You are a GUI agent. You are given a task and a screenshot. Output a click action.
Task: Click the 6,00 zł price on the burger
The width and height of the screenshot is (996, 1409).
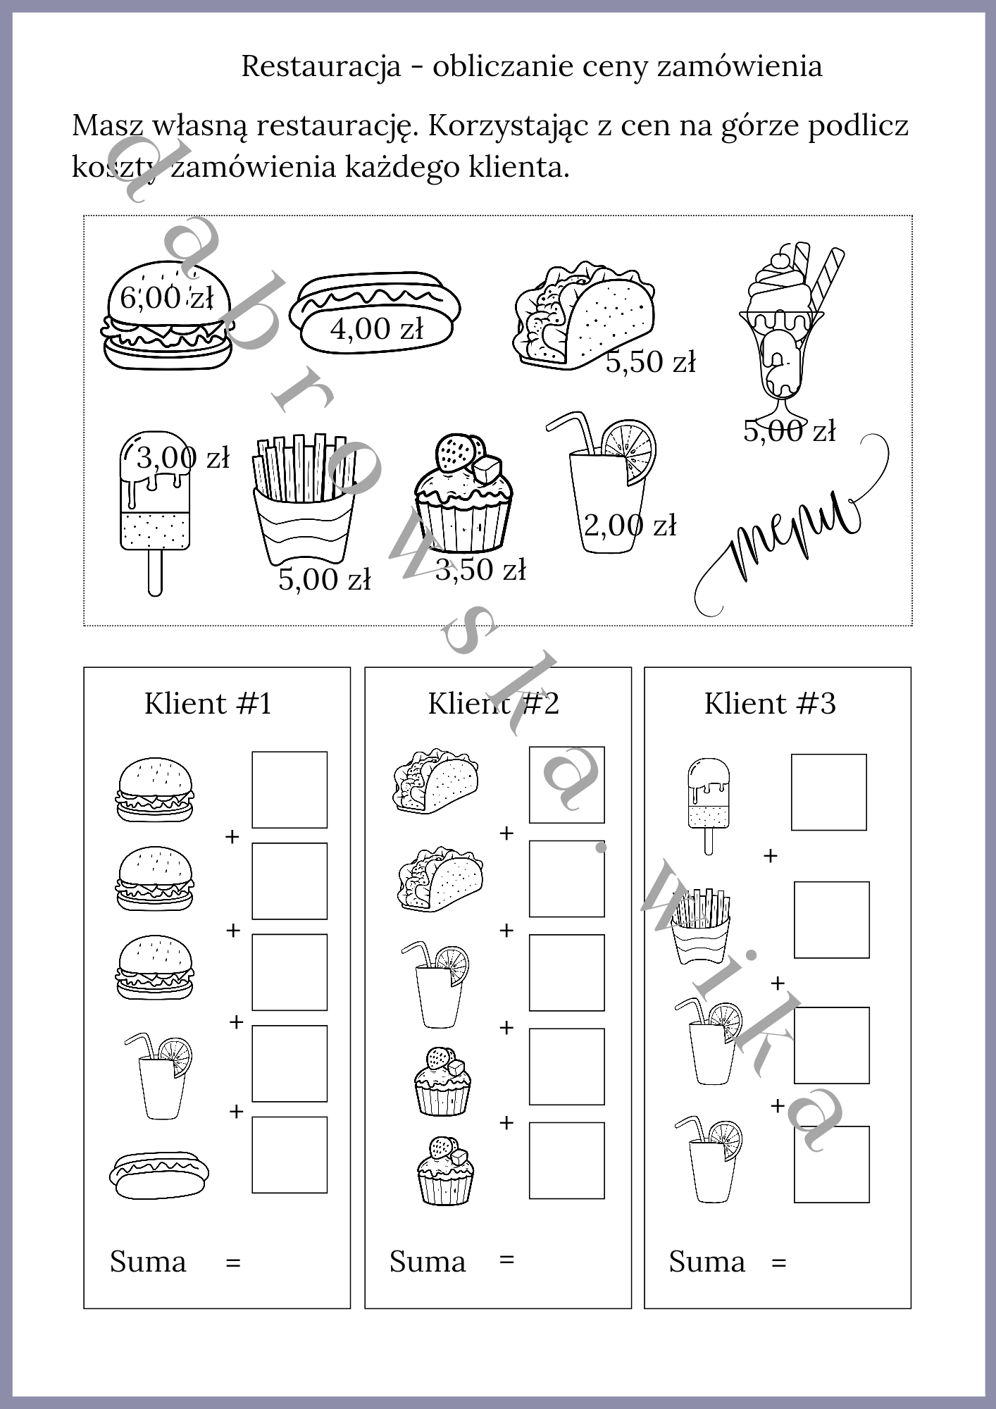pos(166,297)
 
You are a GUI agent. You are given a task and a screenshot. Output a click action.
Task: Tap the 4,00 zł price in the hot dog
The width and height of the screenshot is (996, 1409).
pos(377,328)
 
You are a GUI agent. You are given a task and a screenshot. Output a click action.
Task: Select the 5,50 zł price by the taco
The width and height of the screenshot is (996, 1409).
pos(650,362)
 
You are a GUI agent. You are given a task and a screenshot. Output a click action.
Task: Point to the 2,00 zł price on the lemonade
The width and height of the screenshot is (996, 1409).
pos(630,526)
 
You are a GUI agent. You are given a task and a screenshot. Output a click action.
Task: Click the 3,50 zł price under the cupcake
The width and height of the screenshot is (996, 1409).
pos(480,570)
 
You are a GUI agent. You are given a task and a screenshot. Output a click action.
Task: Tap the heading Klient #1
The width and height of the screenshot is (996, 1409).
pos(208,703)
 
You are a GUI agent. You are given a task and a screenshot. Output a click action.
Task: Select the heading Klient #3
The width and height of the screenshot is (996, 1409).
pos(770,703)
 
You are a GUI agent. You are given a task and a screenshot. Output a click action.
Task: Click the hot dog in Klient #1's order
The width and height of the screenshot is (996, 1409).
pos(159,1174)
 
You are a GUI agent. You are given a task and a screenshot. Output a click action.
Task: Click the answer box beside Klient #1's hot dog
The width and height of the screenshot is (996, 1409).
pos(290,1155)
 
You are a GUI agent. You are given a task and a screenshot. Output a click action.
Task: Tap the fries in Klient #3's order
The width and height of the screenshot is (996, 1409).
pos(701,926)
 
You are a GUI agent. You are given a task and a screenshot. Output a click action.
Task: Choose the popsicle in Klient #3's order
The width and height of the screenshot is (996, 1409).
pos(709,806)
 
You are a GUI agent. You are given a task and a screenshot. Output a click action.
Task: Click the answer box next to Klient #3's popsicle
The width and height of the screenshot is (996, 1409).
pos(829,793)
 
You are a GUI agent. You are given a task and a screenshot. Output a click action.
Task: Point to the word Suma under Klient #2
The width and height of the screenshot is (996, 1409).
pos(428,1261)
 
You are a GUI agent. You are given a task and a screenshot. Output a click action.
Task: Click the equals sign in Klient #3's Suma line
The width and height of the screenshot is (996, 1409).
pos(778,1262)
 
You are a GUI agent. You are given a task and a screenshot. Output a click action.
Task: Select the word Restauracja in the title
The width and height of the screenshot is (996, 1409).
pos(321,66)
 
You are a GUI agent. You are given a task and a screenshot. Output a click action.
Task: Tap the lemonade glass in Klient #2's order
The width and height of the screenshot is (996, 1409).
pos(435,986)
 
